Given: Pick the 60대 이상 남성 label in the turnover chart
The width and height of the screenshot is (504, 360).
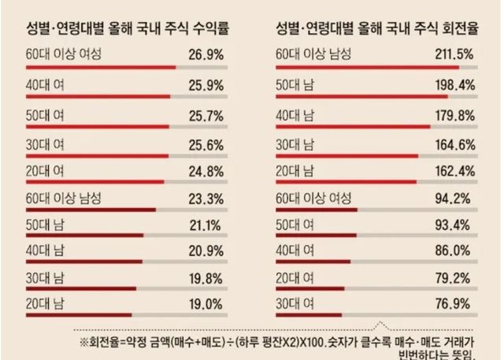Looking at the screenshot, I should pos(313,54).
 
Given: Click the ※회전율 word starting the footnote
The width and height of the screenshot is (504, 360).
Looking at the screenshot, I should pos(106,341).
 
